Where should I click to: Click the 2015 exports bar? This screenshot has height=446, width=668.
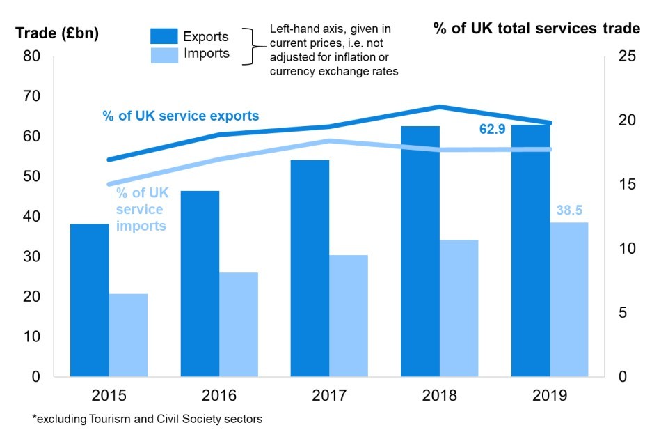[x=90, y=300]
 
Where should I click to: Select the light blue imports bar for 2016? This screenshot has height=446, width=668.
[x=239, y=324]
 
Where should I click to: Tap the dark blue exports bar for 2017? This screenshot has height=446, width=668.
[x=310, y=268]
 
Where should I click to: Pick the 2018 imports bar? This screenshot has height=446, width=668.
[x=459, y=308]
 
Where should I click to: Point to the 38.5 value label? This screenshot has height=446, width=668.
[x=568, y=210]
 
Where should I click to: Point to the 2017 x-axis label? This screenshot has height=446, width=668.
[x=329, y=396]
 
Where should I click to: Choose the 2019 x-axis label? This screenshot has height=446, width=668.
[x=550, y=396]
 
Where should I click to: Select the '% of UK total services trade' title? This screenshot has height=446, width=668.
[x=536, y=29]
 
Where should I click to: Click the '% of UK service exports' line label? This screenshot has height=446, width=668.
[x=181, y=116]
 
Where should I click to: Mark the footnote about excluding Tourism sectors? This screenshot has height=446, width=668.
[x=148, y=419]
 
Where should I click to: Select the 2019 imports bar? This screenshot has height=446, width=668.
[x=568, y=300]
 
